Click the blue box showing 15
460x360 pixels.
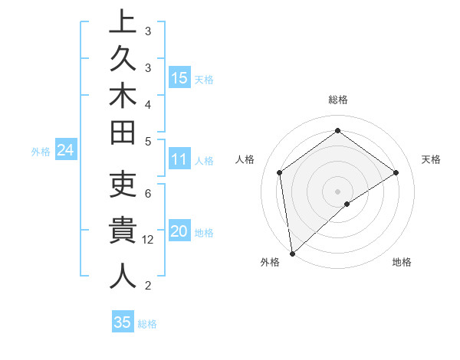[179, 77]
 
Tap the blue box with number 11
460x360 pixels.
[179, 160]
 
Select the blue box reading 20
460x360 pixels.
[179, 231]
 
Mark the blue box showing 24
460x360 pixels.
[66, 151]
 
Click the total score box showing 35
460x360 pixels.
[122, 322]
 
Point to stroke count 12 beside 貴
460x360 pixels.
[149, 239]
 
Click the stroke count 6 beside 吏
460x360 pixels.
[147, 193]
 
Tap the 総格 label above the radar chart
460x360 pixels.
[337, 100]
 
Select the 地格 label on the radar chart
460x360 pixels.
[402, 263]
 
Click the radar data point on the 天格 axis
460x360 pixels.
[396, 172]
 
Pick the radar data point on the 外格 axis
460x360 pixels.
[292, 253]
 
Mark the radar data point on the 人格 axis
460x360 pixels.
[280, 172]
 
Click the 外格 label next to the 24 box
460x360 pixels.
[41, 152]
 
